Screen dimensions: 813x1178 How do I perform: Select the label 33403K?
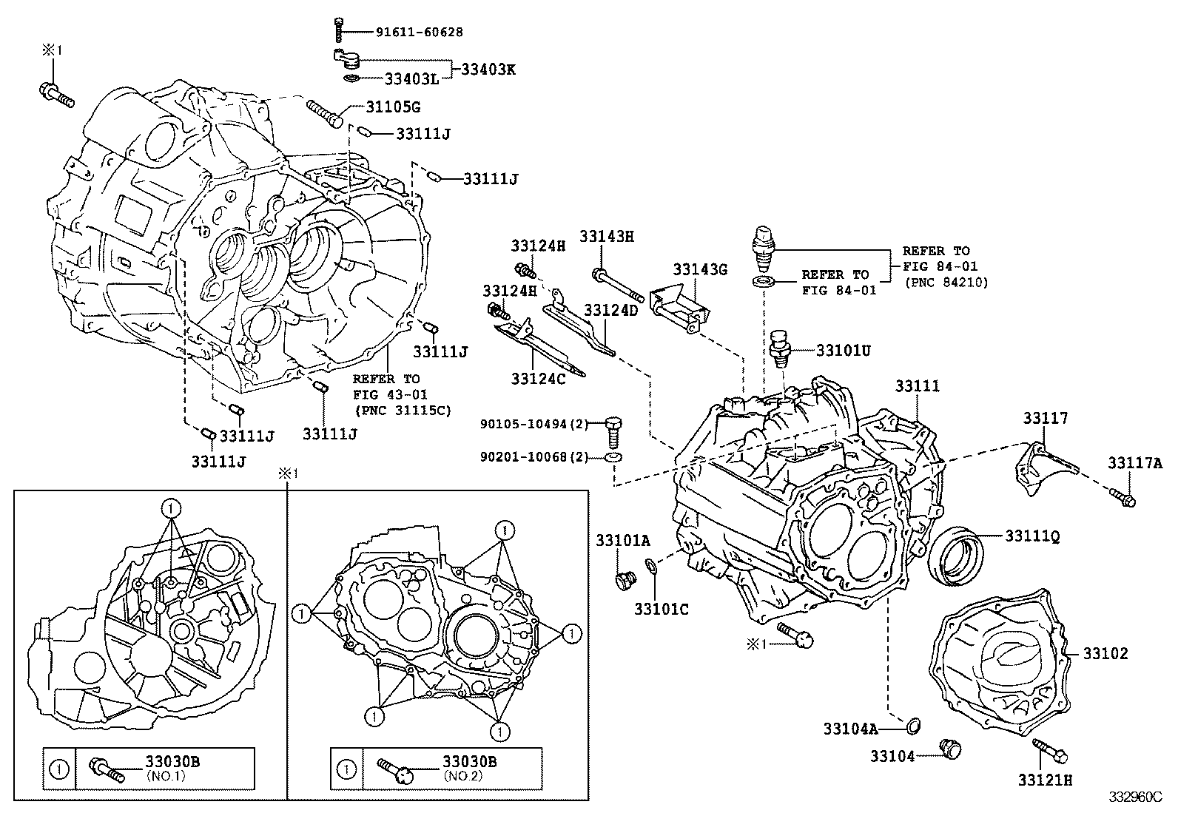pos(488,70)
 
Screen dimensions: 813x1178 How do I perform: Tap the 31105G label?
pos(393,107)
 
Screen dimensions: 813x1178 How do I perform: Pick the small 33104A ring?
pos(914,726)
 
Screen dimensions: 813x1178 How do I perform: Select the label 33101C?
pos(661,609)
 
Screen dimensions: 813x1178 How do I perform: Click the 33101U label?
pos(844,351)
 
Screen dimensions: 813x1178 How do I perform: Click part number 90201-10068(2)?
pos(534,457)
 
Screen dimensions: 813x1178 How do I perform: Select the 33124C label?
pos(537,379)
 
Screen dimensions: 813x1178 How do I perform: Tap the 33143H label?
pos(607,237)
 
